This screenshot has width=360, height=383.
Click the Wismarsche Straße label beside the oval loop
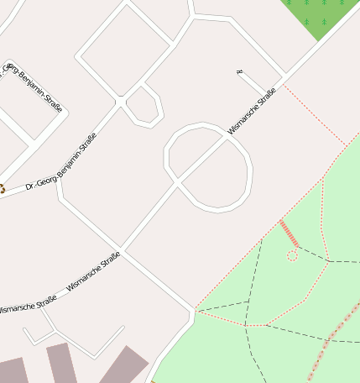pos(252,112)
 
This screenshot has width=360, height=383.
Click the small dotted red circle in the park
pos(292,254)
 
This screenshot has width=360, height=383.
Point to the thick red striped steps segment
pos(289,233)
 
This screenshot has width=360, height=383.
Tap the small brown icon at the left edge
pos(2,189)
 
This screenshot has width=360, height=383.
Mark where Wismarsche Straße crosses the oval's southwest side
pos(177,182)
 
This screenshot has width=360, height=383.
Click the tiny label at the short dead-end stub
pos(239,73)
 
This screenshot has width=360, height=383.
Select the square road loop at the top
pos(125,48)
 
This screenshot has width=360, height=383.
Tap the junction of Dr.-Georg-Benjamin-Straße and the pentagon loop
pos(123,102)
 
